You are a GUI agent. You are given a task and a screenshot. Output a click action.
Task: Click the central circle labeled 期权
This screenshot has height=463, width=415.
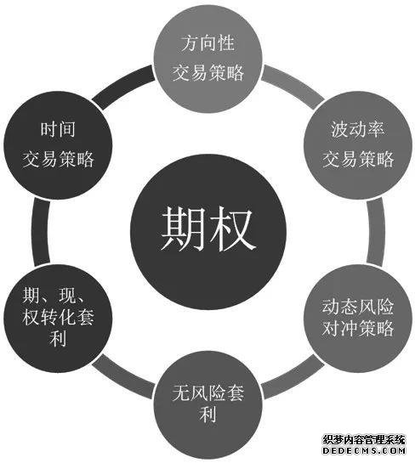[208, 231]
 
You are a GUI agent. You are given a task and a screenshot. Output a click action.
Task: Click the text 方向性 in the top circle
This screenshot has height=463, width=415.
[207, 43]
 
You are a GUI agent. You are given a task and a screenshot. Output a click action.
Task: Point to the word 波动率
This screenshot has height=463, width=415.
[358, 130]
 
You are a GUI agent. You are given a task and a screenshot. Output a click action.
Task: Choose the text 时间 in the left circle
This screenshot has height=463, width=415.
[58, 129]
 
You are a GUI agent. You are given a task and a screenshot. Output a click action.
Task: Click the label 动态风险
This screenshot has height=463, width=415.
[358, 307]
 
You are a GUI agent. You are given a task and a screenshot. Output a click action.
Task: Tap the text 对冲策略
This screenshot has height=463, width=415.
[358, 328]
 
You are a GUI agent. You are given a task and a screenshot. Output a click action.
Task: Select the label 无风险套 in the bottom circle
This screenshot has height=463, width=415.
[208, 393]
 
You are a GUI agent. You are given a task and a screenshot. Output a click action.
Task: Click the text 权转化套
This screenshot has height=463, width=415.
[58, 317]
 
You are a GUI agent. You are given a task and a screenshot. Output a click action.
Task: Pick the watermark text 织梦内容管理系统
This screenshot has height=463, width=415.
[364, 440]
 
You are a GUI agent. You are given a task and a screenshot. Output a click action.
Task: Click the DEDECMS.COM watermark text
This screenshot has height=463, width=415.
[364, 451]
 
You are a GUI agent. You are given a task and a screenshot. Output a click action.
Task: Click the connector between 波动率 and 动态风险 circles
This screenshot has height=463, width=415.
[376, 231]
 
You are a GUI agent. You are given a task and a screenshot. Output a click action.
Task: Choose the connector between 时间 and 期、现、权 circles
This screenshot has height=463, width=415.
[40, 231]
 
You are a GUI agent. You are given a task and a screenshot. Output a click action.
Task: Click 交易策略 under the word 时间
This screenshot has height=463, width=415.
[58, 160]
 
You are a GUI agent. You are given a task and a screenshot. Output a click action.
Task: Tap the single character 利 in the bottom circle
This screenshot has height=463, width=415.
[208, 414]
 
